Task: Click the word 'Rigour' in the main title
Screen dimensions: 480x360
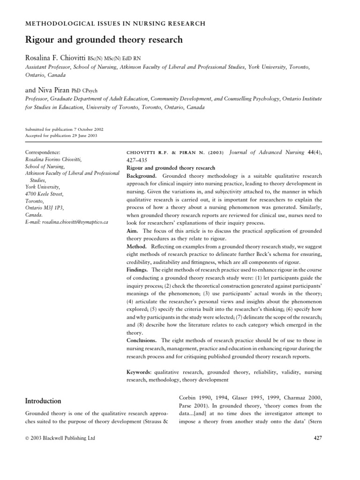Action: pyautogui.click(x=39, y=40)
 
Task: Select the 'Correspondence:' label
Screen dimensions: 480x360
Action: pyautogui.click(x=43, y=152)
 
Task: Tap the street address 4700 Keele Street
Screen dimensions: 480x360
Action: pyautogui.click(x=44, y=194)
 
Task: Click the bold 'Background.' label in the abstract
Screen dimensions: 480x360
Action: pyautogui.click(x=143, y=175)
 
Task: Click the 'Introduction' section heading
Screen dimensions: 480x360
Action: pyautogui.click(x=43, y=401)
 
